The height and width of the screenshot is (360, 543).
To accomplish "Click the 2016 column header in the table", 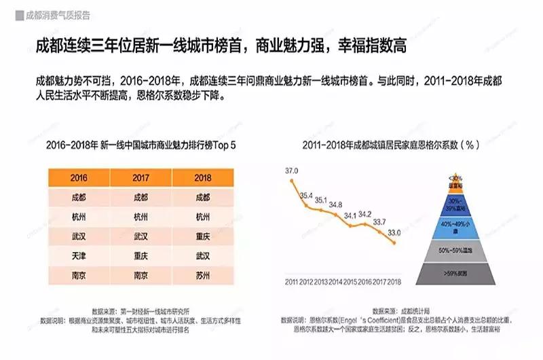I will coord(78,177).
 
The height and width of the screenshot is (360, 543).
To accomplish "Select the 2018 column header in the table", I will coord(202,177).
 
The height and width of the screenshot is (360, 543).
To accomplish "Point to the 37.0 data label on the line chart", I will coord(293,170).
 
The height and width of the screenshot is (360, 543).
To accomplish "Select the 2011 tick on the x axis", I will coord(293,281).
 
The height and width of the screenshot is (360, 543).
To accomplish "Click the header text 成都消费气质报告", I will coord(57,15).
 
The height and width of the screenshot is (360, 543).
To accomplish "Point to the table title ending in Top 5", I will coord(141,145).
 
